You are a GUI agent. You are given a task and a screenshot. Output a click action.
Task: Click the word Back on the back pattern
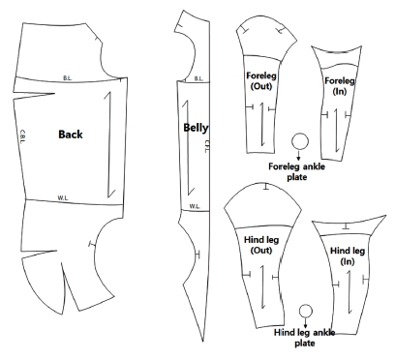pos(74,134)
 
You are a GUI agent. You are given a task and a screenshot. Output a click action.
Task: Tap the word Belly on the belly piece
pos(196,127)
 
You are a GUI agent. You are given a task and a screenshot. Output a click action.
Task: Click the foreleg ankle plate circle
pos(299,142)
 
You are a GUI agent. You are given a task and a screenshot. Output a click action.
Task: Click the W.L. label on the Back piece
pos(62,197)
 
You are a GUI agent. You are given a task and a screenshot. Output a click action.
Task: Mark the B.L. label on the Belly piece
pos(197,78)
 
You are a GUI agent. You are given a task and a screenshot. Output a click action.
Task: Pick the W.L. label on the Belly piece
pos(195,205)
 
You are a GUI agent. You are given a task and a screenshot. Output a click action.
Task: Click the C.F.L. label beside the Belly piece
pos(207,146)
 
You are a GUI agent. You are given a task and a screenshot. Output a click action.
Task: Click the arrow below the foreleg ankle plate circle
pos(299,155)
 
